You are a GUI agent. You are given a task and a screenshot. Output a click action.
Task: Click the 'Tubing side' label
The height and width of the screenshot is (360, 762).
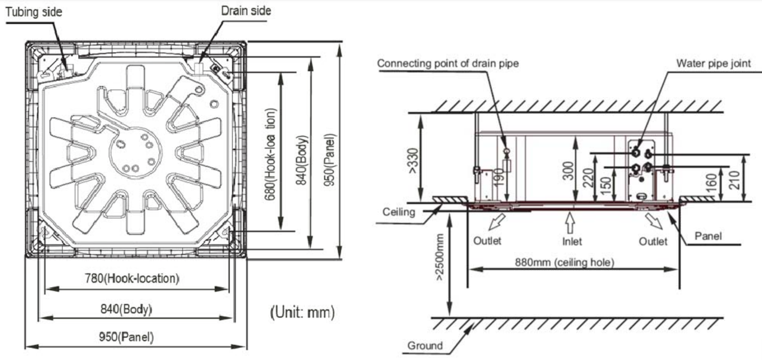(34, 12)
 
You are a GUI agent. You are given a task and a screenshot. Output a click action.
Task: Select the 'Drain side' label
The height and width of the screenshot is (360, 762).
(246, 11)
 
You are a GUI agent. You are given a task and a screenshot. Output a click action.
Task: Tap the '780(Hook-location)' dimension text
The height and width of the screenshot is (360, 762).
(132, 278)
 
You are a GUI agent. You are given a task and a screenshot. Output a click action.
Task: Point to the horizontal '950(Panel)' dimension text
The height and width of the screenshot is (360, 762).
(126, 337)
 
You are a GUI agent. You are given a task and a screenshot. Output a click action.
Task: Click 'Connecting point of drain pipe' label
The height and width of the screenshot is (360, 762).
(448, 63)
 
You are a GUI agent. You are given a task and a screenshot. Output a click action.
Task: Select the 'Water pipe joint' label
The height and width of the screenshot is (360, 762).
(713, 63)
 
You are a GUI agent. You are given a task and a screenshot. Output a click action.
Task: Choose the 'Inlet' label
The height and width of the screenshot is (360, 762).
(572, 241)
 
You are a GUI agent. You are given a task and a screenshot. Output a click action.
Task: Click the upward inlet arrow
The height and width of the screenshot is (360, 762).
(571, 223)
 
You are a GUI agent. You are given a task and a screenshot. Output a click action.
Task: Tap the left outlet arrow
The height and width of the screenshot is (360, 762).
(496, 222)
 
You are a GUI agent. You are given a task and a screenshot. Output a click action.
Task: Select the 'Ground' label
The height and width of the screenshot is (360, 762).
(425, 346)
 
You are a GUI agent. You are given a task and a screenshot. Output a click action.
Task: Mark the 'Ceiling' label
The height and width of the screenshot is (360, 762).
(399, 212)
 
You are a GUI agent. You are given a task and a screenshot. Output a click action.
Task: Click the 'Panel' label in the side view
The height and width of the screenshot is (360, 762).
(708, 236)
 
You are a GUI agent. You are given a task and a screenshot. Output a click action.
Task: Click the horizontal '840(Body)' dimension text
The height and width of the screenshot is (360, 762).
(126, 308)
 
